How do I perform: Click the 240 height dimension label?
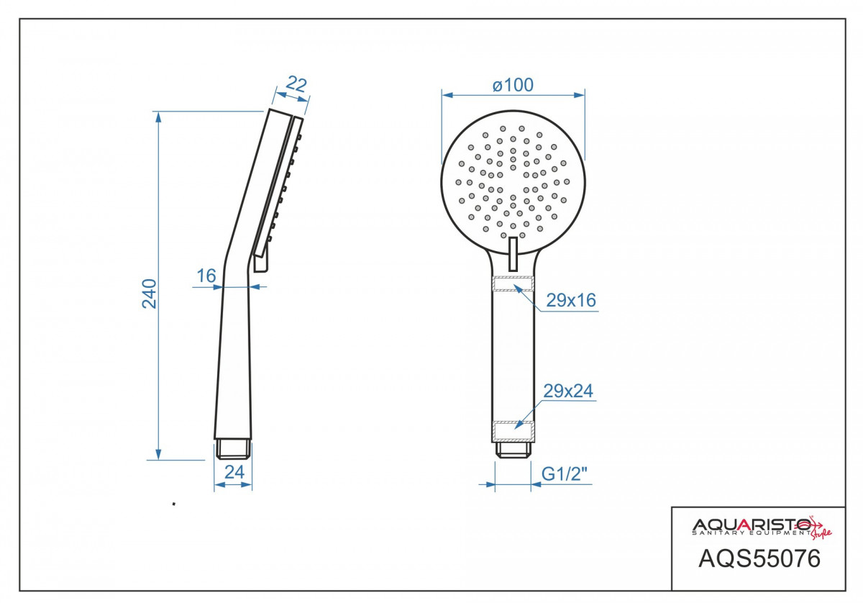click(150, 294)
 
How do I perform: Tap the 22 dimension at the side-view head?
click(296, 84)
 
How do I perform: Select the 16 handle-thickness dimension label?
click(206, 276)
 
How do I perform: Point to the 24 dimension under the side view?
click(234, 472)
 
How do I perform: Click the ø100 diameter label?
click(513, 85)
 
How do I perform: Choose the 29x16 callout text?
click(571, 300)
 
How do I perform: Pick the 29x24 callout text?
click(568, 391)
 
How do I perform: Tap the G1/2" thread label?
click(565, 474)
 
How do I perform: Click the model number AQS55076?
click(759, 558)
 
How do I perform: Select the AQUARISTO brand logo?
click(762, 527)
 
